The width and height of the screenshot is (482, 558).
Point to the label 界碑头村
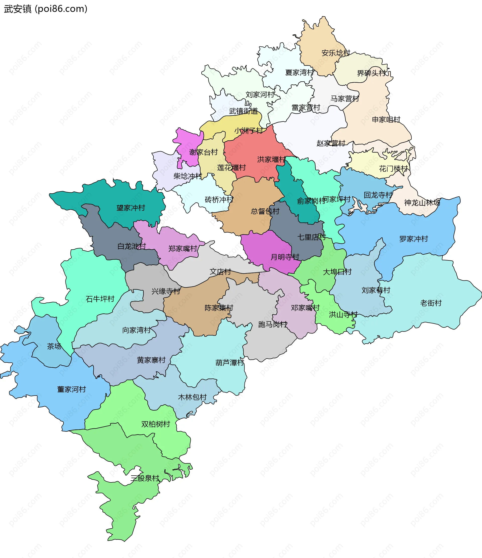coord(372,73)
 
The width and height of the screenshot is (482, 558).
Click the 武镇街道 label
coord(244,111)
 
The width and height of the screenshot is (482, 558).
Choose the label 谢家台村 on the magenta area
coord(203,152)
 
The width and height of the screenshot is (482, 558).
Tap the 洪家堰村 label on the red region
coord(271,160)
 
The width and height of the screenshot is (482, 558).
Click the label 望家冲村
coord(131,208)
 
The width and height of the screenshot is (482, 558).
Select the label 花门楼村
coord(393,169)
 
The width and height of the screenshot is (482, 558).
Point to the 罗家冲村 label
coord(413,239)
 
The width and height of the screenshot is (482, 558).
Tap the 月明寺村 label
coord(285,257)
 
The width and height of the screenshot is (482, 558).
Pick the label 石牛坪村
coord(100,299)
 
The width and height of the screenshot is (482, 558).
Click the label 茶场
coord(54,346)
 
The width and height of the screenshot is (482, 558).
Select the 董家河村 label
coord(71,389)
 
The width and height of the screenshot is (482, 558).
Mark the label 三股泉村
coord(145,478)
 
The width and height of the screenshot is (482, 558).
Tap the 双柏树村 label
coord(156,424)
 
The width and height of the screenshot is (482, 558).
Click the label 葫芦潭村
coord(230,363)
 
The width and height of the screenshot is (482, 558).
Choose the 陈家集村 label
coord(219,308)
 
